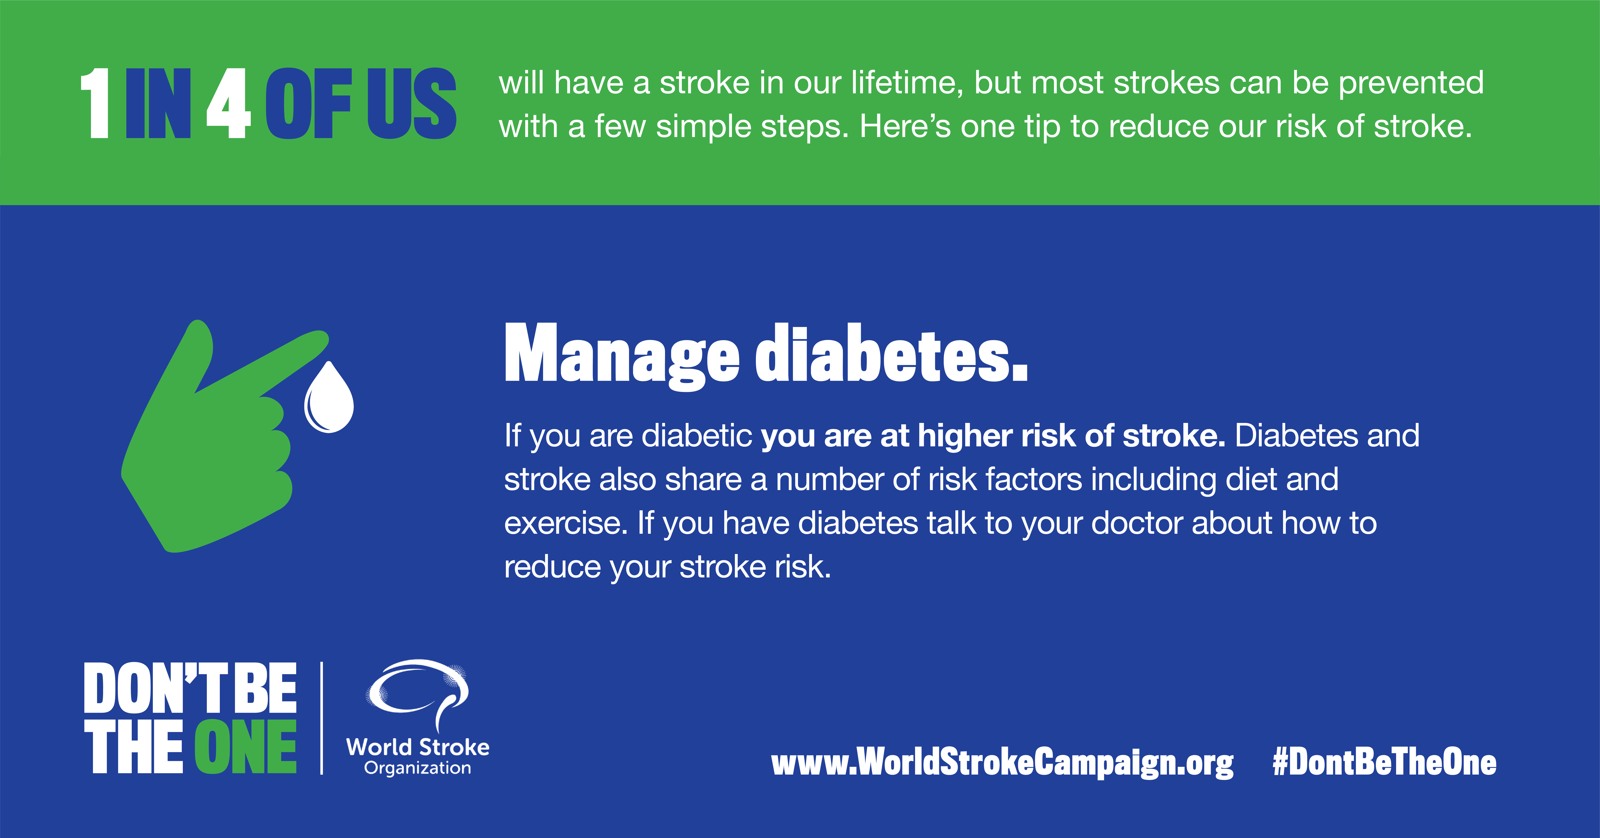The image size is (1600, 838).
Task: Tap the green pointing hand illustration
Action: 211,447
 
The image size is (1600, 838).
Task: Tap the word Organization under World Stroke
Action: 417,768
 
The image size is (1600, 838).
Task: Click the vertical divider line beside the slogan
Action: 322,718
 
